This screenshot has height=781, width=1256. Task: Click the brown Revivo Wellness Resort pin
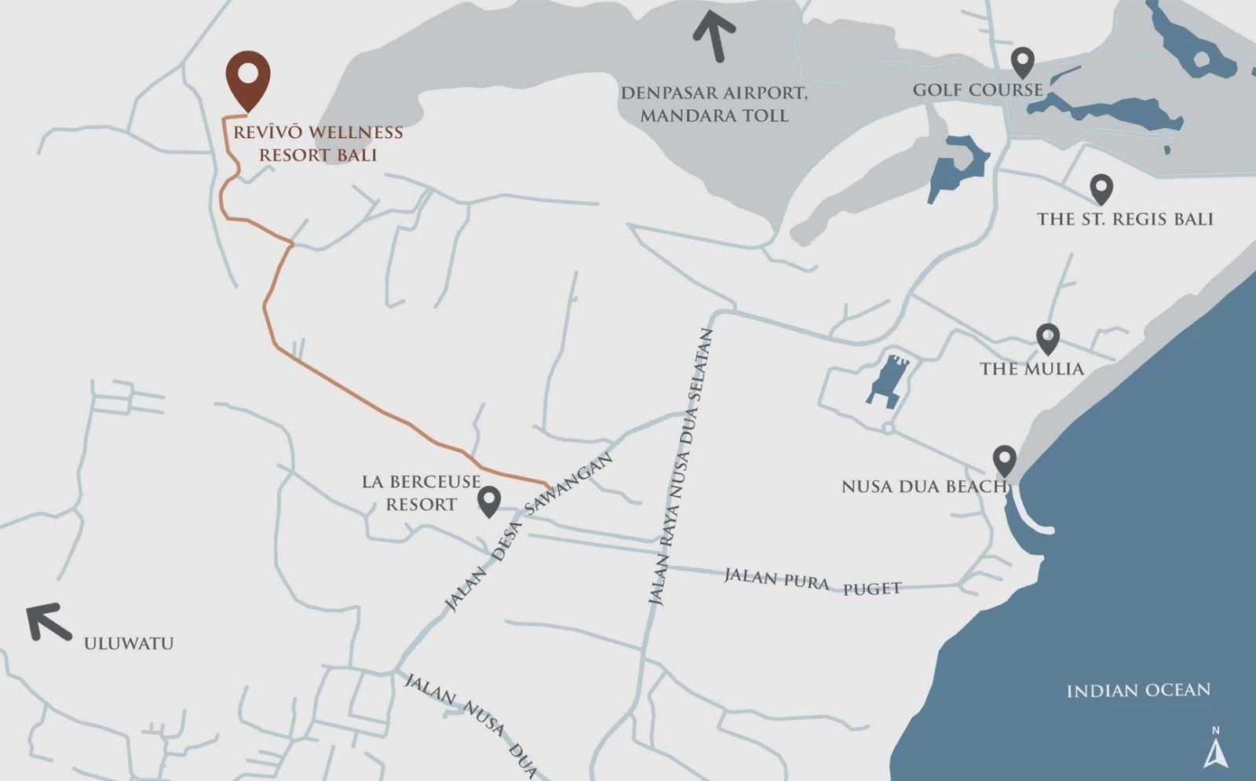248,78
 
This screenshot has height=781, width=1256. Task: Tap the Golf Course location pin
1021,62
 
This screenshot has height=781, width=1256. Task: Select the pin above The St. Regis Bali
1101,189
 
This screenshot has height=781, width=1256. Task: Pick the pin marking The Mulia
1048,338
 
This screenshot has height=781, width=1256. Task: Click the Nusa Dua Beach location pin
1005,460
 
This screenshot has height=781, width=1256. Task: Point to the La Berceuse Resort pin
489,501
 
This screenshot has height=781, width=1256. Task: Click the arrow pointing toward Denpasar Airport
715,35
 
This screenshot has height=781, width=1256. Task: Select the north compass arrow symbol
1215,751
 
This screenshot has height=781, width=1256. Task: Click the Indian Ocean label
1138,691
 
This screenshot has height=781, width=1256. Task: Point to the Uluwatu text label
129,644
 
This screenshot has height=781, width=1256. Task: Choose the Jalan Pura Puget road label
812,582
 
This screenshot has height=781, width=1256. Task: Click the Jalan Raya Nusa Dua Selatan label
682,466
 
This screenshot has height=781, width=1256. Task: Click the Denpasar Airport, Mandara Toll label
714,104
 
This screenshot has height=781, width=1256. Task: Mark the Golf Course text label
977,90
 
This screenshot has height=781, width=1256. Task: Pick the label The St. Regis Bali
1125,219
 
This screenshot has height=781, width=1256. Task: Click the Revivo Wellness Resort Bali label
318,144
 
